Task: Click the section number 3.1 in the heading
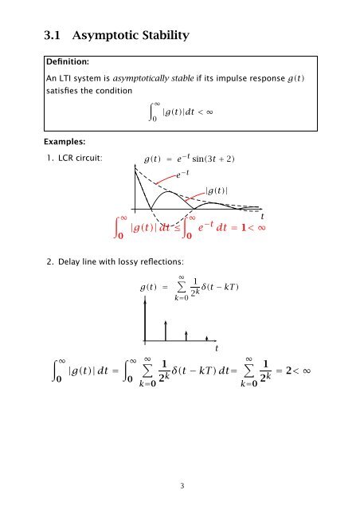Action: coord(53,36)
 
